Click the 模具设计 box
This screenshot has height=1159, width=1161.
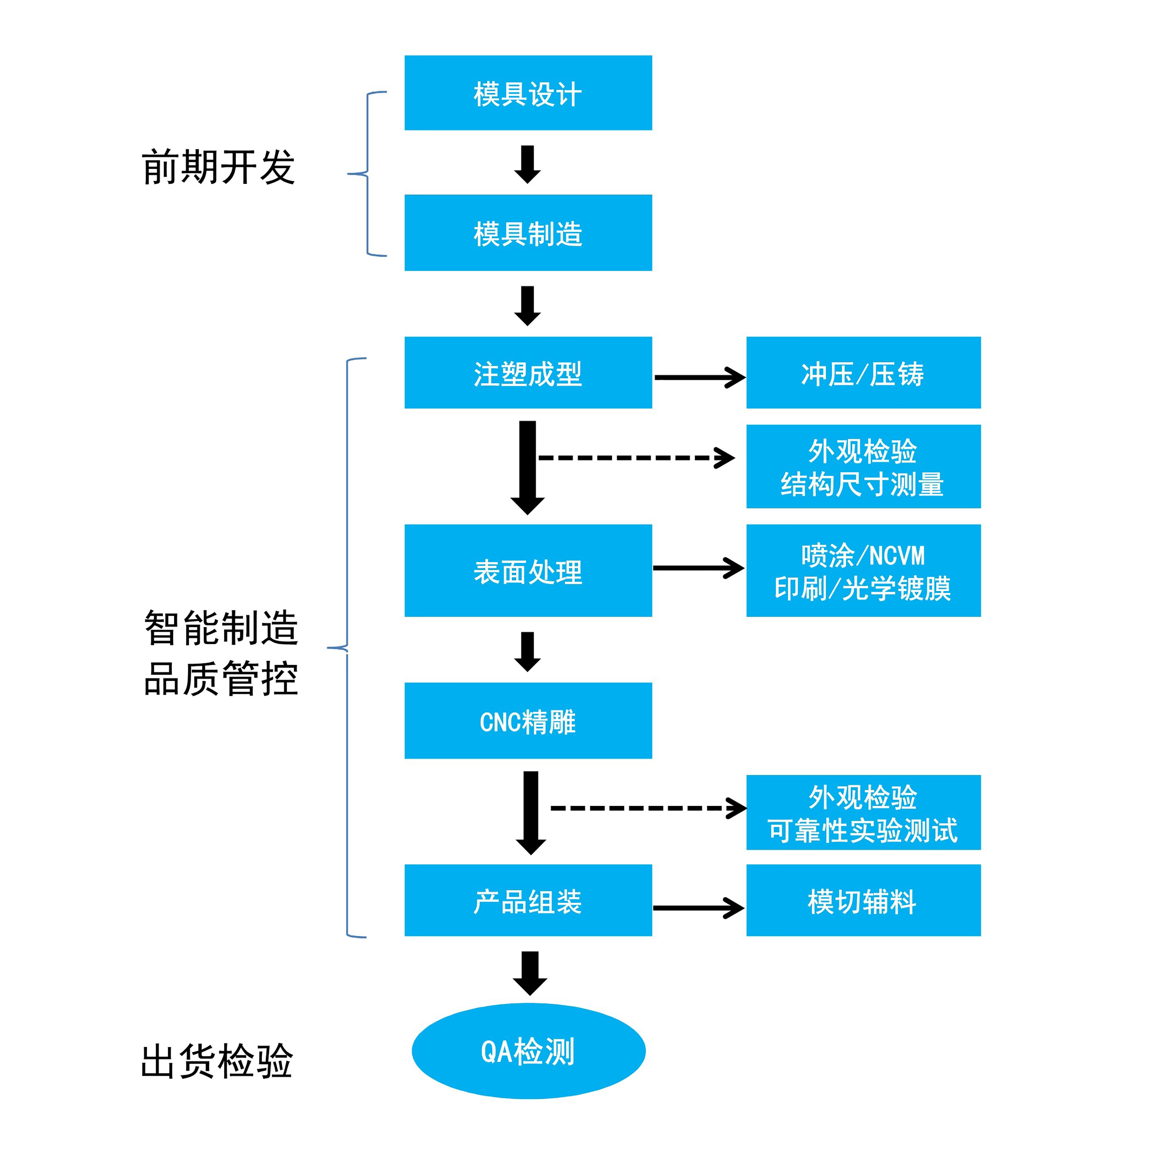(x=528, y=93)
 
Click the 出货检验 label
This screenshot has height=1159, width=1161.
(x=216, y=1061)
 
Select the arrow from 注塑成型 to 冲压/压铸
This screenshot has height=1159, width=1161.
(x=699, y=378)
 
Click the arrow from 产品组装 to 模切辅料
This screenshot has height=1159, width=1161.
(x=698, y=908)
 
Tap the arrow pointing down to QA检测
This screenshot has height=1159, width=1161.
(x=529, y=973)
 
